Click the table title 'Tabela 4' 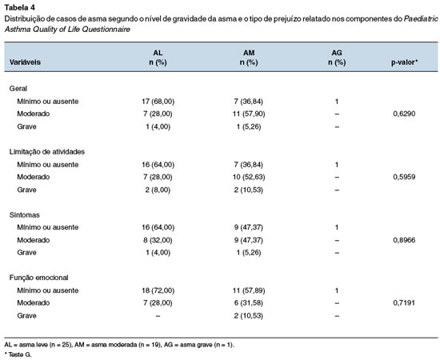click(20, 7)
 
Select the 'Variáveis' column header click(25, 62)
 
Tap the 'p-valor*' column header click(404, 62)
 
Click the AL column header click(158, 58)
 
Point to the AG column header click(337, 58)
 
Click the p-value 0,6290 click(404, 114)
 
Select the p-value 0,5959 click(404, 177)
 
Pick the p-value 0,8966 click(404, 240)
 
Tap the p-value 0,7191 click(404, 302)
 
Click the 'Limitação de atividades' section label click(47, 152)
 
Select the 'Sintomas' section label click(25, 215)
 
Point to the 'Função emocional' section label click(38, 278)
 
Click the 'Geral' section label click(18, 88)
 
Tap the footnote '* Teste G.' click(18, 354)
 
